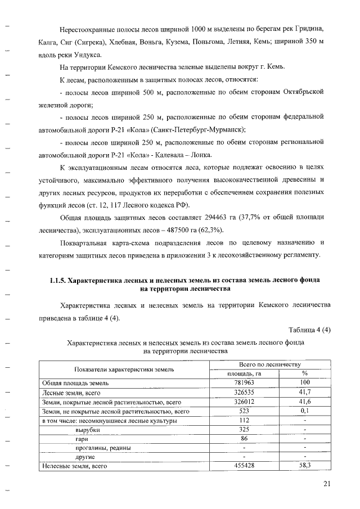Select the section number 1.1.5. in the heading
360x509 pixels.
[60, 281]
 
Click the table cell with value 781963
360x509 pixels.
[244, 383]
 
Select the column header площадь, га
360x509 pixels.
[244, 373]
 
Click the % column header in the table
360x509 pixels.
[305, 373]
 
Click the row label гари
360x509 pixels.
[83, 438]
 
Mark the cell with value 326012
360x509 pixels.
[244, 402]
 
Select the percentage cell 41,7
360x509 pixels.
[305, 392]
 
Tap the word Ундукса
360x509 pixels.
[86, 55]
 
